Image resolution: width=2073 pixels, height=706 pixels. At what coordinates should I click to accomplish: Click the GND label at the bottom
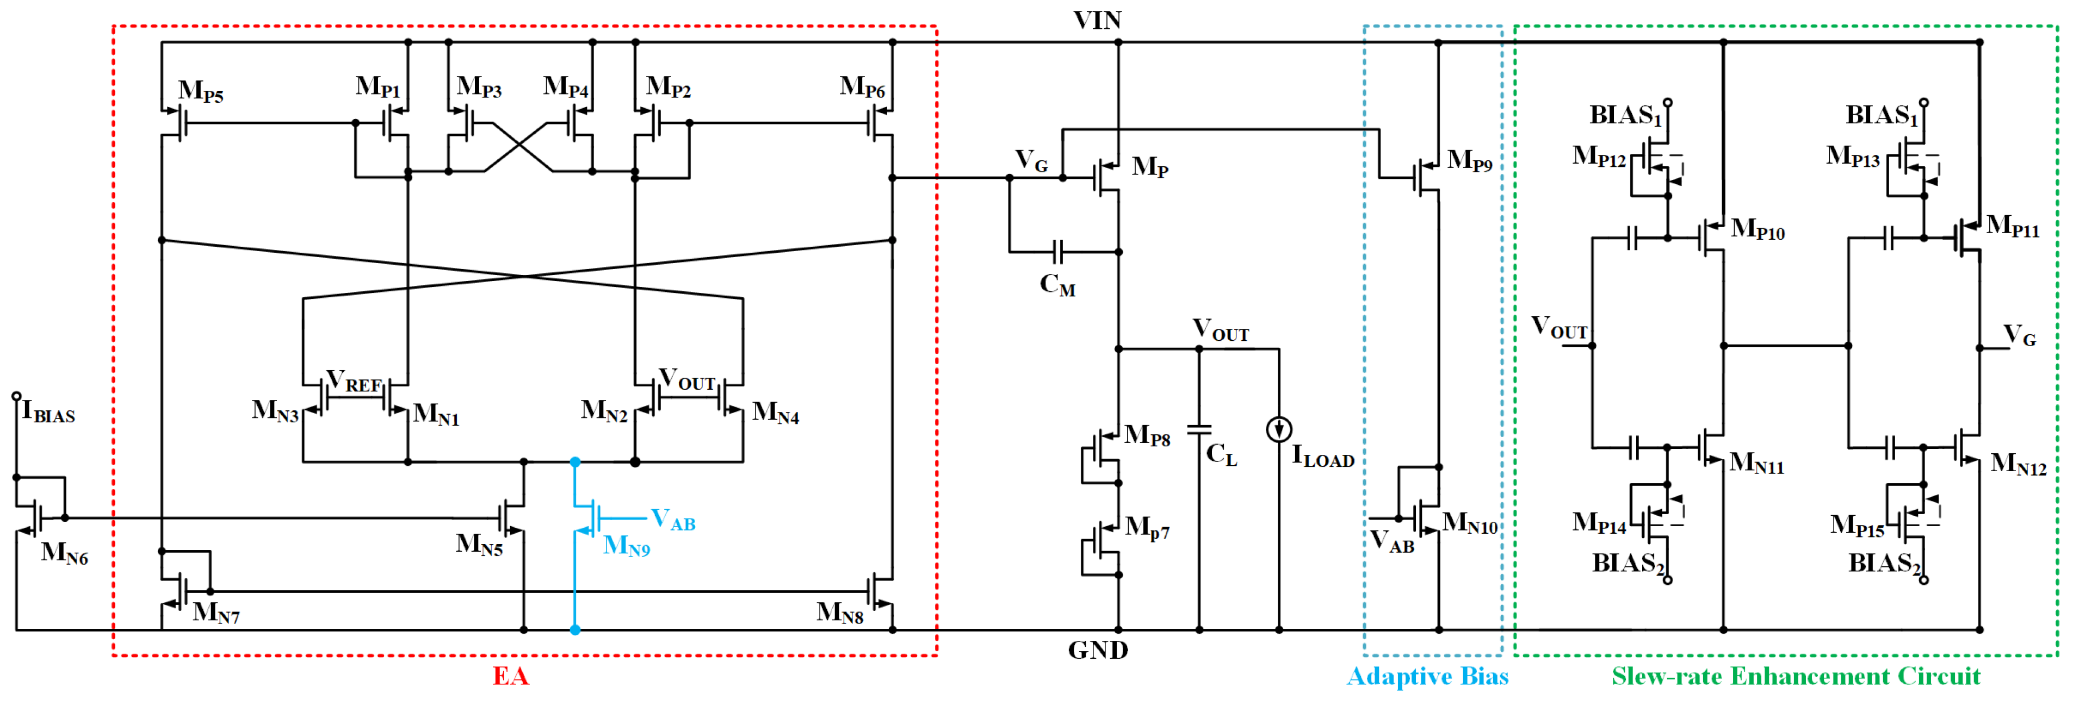point(1098,649)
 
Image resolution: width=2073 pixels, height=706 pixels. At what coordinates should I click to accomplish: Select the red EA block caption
point(510,676)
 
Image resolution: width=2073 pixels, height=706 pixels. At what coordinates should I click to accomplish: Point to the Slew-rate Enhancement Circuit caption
point(1796,676)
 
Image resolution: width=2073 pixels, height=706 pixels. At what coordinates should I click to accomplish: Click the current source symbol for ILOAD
point(1279,429)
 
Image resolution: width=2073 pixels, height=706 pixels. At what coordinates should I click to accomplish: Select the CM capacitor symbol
point(1057,252)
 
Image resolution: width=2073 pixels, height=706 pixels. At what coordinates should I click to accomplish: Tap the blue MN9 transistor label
point(626,546)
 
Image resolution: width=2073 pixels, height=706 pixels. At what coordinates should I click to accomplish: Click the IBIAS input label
point(48,413)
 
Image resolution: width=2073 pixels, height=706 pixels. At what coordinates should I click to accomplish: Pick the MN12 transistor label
point(2018,465)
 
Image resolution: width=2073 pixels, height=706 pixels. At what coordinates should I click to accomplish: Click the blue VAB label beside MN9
point(673,520)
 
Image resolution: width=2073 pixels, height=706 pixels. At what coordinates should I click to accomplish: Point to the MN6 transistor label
point(64,553)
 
